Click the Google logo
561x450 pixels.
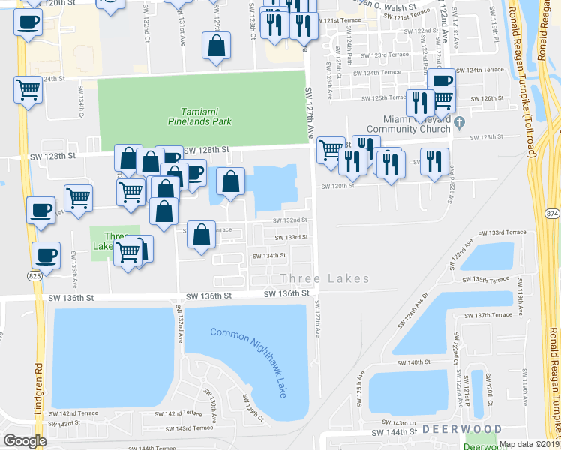pos(25,441)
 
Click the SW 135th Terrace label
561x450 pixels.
pos(490,279)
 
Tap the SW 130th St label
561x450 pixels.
pos(337,186)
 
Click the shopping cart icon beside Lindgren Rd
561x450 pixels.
pos(28,91)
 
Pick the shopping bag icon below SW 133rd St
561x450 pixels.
pos(201,236)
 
